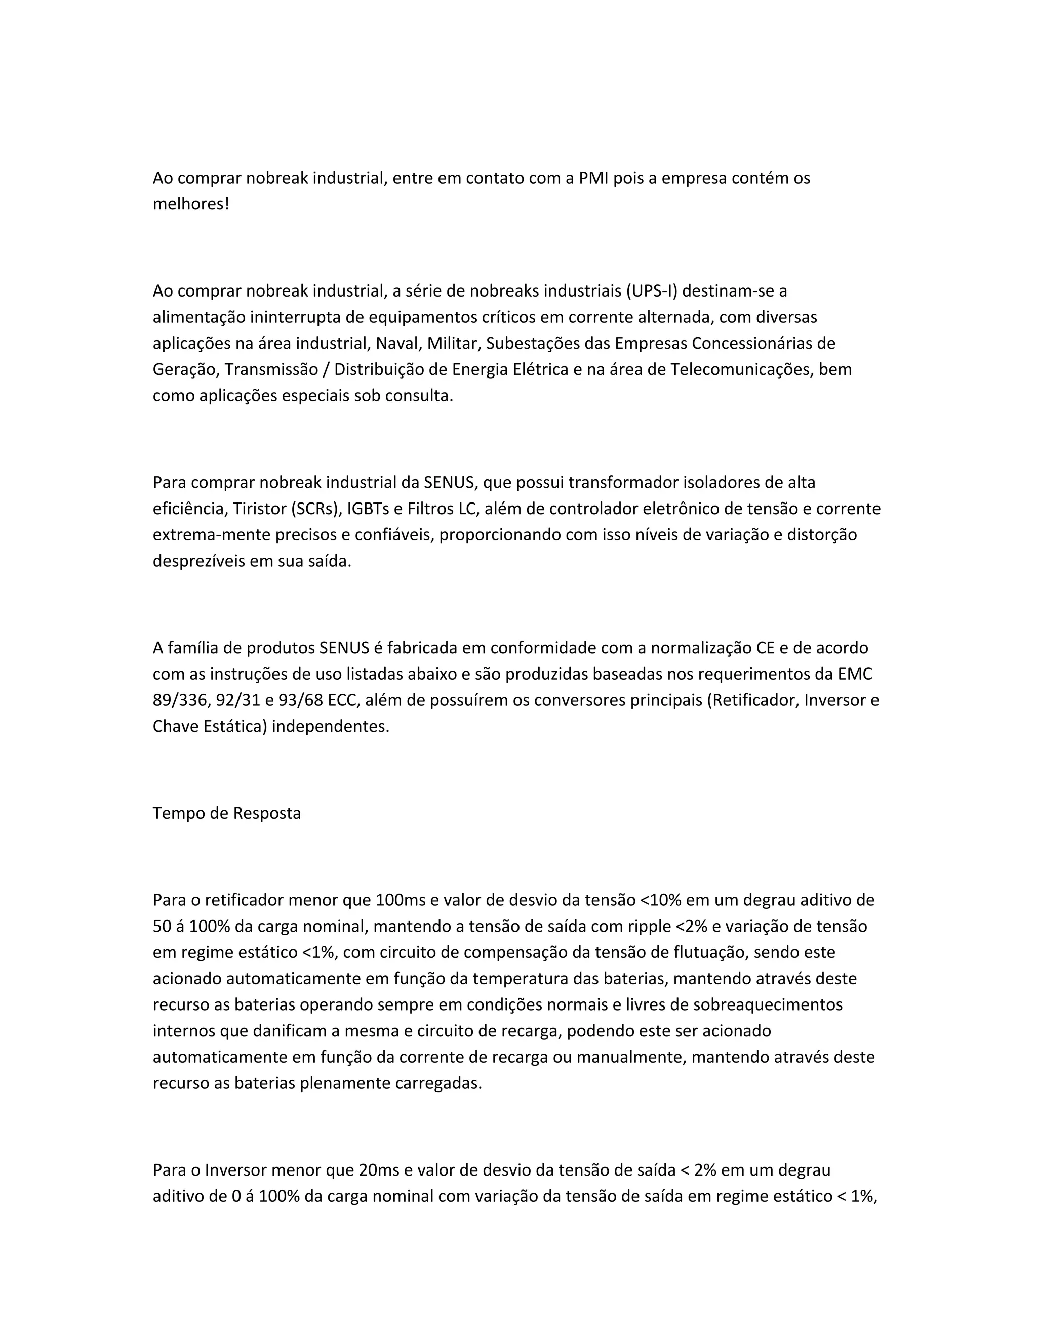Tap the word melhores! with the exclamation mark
point(190,204)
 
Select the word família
point(198,648)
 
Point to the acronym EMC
point(855,674)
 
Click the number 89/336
point(181,700)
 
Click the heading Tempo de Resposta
point(227,814)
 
